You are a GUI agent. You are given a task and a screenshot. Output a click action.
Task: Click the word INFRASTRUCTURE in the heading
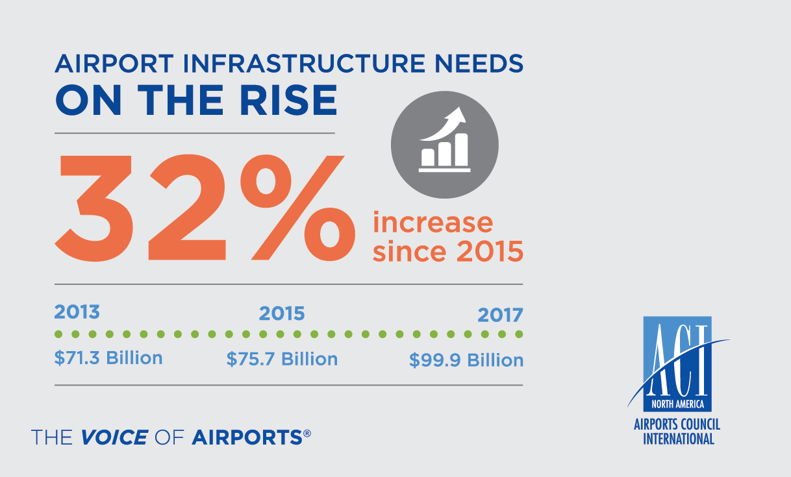tap(292, 64)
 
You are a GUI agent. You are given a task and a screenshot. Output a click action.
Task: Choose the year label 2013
tap(77, 312)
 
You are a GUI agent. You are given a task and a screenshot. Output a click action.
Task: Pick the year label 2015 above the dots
tap(282, 314)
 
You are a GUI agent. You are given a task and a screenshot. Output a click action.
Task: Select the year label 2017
tap(500, 315)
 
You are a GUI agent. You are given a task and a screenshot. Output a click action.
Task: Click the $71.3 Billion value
tap(108, 358)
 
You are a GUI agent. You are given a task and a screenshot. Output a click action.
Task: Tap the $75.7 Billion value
tap(282, 359)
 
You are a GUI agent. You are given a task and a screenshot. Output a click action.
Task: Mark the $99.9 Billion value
tap(466, 360)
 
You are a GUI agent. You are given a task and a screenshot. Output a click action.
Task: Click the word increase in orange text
tap(433, 223)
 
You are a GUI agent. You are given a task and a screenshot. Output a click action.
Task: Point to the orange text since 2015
tap(448, 252)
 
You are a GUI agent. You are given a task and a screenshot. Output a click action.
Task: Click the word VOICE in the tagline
tap(114, 437)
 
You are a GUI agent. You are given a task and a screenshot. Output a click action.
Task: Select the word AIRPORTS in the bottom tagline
tap(247, 437)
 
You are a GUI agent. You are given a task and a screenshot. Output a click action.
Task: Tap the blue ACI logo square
tap(677, 363)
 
